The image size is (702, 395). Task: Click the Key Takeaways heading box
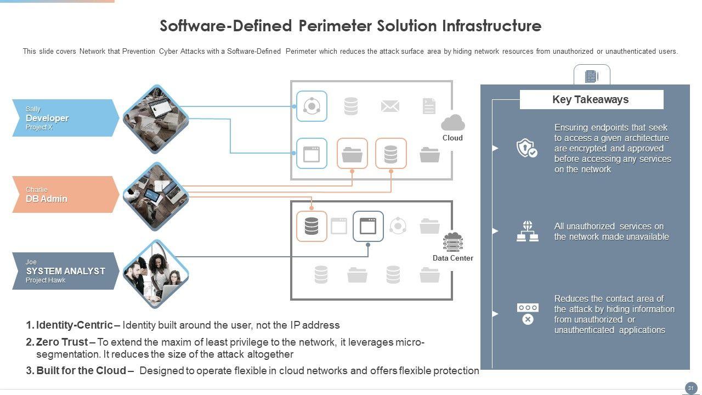591,100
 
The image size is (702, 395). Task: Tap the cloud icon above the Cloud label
452,122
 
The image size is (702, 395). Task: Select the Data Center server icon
452,241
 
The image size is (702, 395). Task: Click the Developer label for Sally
47,118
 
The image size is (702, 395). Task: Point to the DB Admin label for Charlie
47,199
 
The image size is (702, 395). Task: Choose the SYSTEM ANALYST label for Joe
65,271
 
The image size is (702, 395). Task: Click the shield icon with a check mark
527,148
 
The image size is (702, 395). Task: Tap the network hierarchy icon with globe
527,231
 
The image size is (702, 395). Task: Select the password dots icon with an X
528,313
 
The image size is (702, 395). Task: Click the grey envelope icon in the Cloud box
390,106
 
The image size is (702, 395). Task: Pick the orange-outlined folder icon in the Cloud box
352,154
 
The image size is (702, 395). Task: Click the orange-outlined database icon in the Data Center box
312,226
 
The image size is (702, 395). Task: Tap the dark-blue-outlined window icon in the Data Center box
367,226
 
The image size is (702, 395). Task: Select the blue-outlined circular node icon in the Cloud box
312,106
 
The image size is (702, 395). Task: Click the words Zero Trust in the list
61,342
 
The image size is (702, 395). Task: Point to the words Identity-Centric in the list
74,325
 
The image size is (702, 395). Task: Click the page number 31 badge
690,388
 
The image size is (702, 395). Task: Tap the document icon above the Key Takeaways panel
591,76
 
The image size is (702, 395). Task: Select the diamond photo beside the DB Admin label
155,196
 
